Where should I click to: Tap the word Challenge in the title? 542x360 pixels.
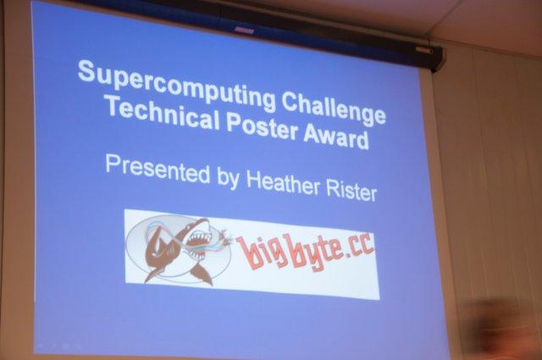click(333, 108)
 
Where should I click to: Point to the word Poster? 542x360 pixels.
click(262, 127)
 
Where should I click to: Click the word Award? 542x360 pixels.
click(336, 136)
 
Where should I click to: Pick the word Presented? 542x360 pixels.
click(158, 169)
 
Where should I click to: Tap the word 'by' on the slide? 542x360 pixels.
click(228, 180)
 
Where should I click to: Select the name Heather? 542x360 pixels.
click(283, 184)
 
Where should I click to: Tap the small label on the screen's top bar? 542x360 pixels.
click(245, 30)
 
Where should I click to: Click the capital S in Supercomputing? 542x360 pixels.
click(86, 72)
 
